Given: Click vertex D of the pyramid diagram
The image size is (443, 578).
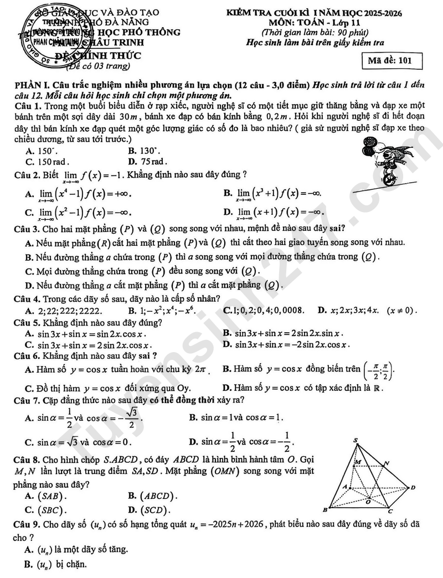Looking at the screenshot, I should [x=413, y=487].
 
